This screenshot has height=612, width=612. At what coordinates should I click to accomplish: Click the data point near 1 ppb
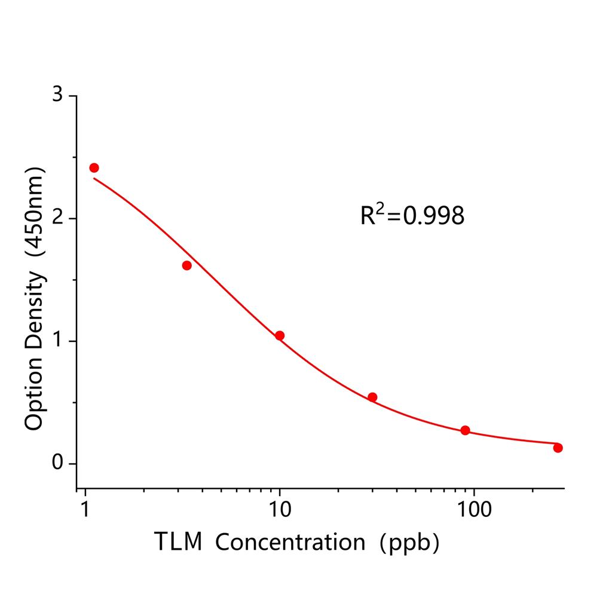[94, 168]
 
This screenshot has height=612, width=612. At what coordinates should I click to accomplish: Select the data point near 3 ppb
[186, 265]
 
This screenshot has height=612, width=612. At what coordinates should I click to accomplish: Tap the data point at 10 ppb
[279, 335]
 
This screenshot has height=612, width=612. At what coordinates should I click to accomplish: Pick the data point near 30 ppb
[372, 397]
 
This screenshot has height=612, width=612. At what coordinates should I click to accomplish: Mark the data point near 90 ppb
[465, 430]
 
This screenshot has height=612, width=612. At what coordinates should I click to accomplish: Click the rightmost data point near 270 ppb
[558, 448]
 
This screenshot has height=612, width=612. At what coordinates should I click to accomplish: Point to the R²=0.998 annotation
[412, 215]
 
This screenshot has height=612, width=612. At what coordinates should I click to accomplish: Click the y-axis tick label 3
[57, 96]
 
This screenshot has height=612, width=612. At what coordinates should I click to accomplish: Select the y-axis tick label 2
[57, 218]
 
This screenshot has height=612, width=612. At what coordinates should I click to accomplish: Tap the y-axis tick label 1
[57, 341]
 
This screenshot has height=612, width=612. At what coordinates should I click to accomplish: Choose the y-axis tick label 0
[57, 463]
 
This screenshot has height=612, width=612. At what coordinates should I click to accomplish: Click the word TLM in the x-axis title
[179, 542]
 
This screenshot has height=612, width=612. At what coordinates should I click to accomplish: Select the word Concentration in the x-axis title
[290, 542]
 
